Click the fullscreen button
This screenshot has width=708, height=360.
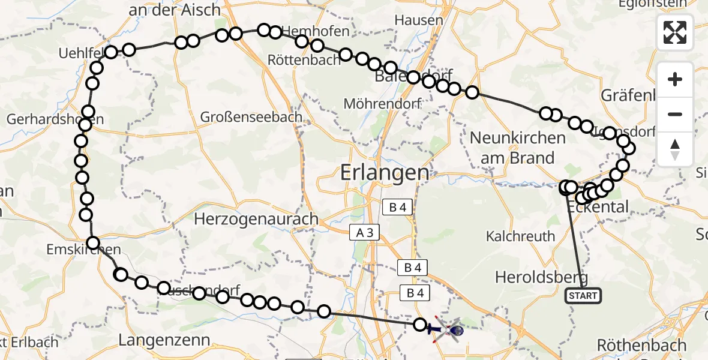point(675,32)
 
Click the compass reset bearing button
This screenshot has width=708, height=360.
point(675,149)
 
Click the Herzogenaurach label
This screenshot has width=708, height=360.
point(256,219)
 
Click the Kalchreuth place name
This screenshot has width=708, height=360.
point(521,236)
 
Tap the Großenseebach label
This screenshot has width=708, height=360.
point(251,117)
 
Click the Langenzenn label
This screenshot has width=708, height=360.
point(164,340)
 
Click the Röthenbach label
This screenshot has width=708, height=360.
point(641,345)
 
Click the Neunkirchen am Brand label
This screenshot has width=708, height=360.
point(517,148)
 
